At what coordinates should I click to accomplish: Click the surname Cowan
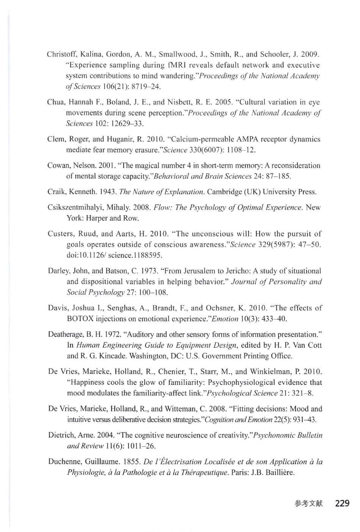pyautogui.click(x=58, y=165)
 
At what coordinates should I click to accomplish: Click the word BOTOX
pyautogui.click(x=80, y=319)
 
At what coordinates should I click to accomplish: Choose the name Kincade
pyautogui.click(x=113, y=356)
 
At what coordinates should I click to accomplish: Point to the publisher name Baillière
pyautogui.click(x=280, y=473)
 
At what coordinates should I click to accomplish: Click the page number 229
pyautogui.click(x=342, y=504)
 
